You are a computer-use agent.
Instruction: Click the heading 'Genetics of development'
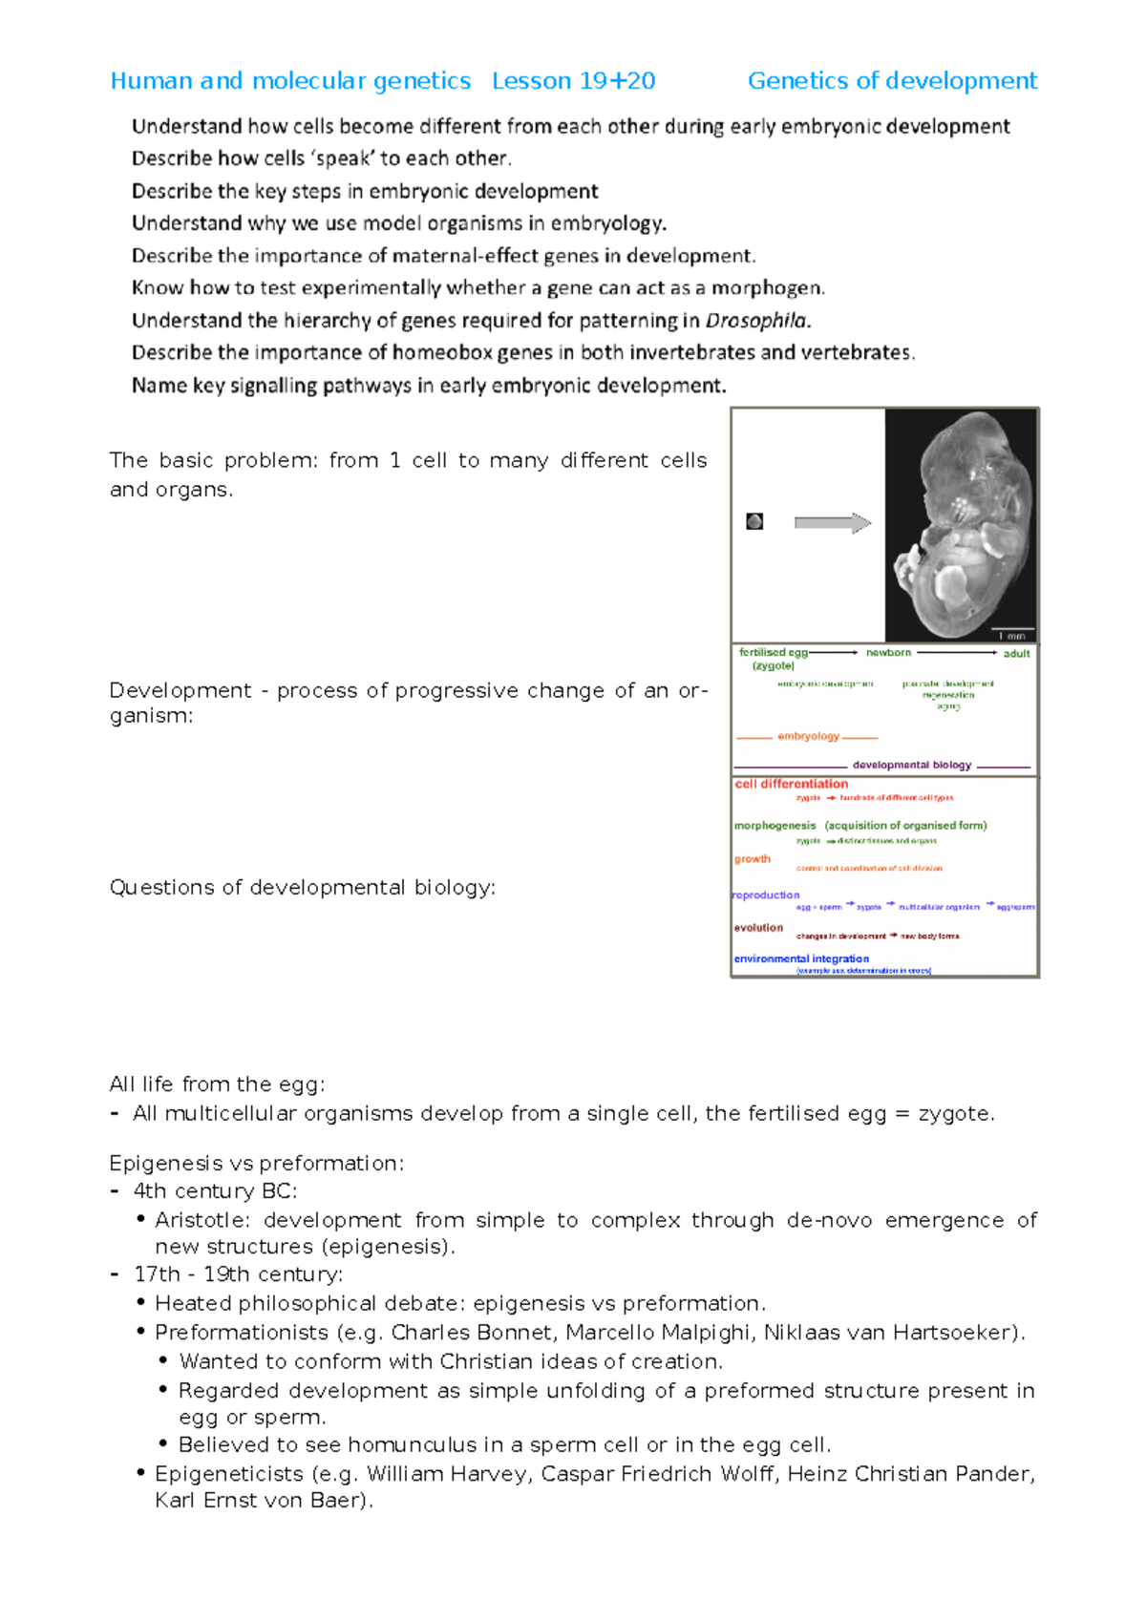click(891, 81)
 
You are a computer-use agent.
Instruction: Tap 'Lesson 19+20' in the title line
click(573, 81)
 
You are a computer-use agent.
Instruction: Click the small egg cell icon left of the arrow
click(754, 521)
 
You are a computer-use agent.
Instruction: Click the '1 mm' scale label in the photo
click(1011, 635)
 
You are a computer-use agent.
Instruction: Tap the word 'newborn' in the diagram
click(888, 653)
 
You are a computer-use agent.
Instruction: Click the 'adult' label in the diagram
click(1016, 654)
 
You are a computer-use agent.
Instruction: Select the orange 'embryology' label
click(808, 736)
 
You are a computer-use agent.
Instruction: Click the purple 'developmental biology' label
click(911, 765)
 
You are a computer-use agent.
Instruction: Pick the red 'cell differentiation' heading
click(791, 784)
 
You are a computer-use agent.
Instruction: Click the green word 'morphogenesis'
click(775, 825)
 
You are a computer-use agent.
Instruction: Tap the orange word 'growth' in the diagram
click(752, 859)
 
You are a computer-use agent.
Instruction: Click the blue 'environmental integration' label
click(801, 958)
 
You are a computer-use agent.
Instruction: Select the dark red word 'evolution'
click(758, 927)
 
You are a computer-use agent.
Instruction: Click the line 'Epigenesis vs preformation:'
click(256, 1163)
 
